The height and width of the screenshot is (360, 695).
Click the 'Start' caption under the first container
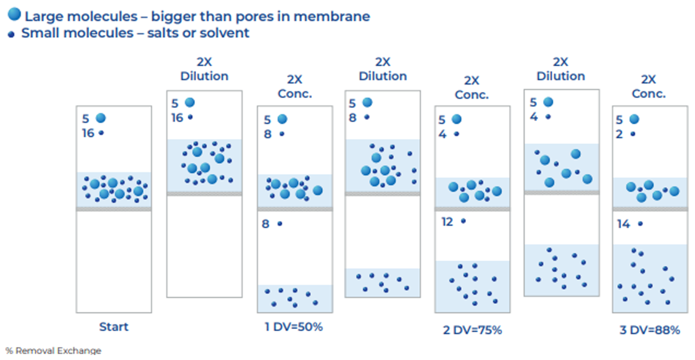click(x=114, y=326)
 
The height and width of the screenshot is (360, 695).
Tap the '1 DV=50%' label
click(x=294, y=326)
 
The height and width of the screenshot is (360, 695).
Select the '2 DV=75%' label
click(x=472, y=330)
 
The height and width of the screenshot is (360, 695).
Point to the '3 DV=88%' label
click(x=649, y=330)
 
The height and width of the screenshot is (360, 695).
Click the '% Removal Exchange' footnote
click(x=53, y=351)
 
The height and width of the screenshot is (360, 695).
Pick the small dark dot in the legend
click(x=11, y=35)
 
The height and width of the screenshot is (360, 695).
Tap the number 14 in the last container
click(x=623, y=224)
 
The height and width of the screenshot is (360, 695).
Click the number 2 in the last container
click(x=619, y=133)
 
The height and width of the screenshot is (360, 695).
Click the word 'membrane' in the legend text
click(x=340, y=16)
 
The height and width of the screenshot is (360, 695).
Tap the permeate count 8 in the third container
click(x=265, y=224)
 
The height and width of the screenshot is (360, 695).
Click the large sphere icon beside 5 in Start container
click(x=101, y=118)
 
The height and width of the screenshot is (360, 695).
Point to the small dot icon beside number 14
click(x=640, y=224)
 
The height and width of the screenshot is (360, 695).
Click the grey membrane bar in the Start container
click(x=114, y=209)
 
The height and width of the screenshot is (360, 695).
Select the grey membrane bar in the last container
click(x=649, y=209)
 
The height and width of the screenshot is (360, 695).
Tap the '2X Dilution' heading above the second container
click(x=204, y=69)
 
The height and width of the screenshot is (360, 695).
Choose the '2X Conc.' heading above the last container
click(x=649, y=86)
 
